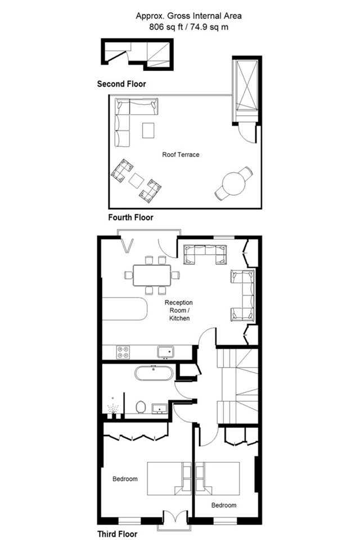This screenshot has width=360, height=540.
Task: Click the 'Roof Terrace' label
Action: point(181,155)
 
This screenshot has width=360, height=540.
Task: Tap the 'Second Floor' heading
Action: point(121,84)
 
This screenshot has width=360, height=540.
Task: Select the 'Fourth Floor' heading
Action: point(130,217)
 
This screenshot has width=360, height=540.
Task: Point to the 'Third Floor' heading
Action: point(117,534)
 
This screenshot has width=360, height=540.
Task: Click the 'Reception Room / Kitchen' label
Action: point(179,310)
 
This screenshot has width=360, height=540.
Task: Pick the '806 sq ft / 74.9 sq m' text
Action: point(188,27)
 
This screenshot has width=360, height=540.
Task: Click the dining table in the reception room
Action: point(152,275)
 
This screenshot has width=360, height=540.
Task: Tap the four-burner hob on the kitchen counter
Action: point(123,352)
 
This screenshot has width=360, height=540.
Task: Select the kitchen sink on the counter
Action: point(166,352)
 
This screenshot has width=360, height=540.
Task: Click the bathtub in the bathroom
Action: point(154,373)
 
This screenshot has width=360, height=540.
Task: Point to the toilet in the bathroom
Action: point(141,407)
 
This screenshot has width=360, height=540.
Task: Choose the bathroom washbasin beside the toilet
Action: point(160,408)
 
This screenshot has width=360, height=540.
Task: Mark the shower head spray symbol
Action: point(112,409)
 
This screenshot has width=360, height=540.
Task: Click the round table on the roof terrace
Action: point(233,183)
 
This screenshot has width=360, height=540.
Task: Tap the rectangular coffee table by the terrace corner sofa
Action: point(148,130)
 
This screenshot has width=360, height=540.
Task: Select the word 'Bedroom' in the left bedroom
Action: point(125,479)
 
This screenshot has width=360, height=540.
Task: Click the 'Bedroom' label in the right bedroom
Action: point(224,505)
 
